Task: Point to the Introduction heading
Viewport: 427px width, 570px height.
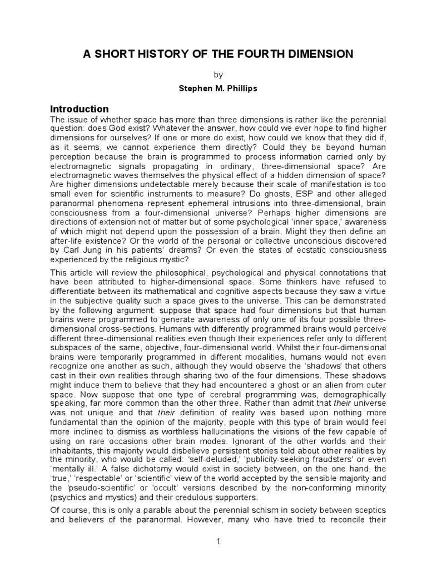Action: (80, 109)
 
